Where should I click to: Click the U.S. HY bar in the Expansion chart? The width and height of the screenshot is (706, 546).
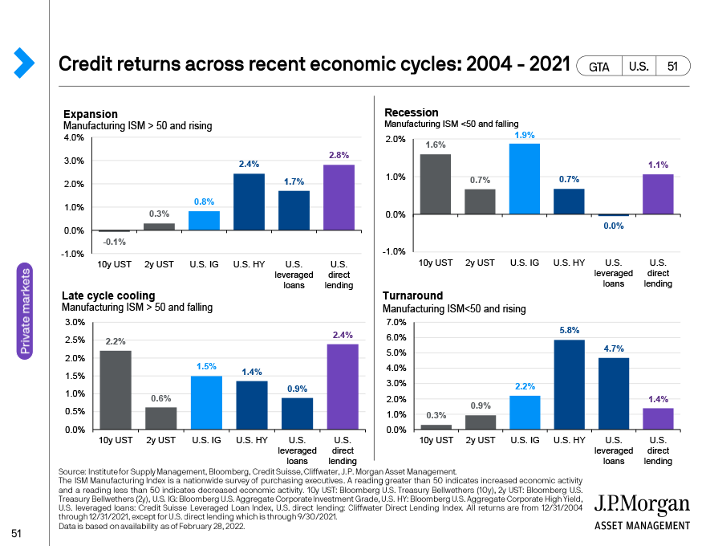point(249,202)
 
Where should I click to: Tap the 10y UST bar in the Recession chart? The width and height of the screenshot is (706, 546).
point(433,184)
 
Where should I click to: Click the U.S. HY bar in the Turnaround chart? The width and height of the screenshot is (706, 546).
point(569,385)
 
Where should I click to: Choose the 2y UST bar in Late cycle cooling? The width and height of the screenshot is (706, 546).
point(160,418)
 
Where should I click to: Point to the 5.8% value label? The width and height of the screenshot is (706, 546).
point(569,330)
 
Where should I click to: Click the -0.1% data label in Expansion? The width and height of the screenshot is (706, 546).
point(114,242)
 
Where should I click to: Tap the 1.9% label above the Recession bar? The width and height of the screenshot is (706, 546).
point(524,134)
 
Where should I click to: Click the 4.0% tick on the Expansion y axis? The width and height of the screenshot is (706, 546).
point(73,137)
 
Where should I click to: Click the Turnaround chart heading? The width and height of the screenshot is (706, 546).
point(412,296)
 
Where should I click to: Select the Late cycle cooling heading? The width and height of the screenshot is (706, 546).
point(108,296)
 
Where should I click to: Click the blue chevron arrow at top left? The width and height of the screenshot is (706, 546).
point(23,63)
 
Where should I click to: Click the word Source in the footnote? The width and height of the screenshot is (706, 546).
point(73,471)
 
